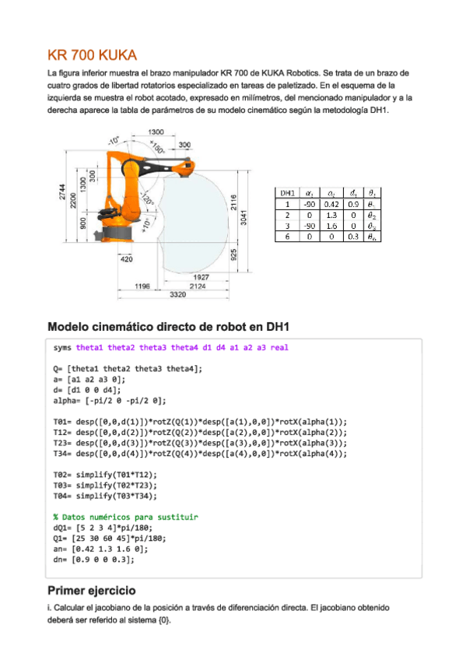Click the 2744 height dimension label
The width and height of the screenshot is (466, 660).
pyautogui.click(x=63, y=197)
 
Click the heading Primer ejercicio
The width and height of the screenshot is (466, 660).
pyautogui.click(x=92, y=590)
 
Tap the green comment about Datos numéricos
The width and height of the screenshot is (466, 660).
pyautogui.click(x=125, y=516)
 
